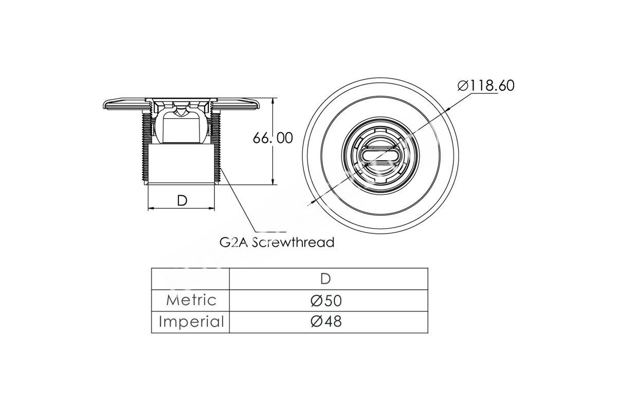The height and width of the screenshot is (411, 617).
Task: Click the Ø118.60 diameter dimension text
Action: coord(486,86)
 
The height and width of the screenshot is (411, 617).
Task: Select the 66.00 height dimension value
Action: coord(273,138)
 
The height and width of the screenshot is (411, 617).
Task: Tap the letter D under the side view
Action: coord(182,200)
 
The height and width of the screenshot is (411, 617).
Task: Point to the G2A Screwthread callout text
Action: coord(277,242)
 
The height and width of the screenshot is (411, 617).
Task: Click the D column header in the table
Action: coord(325,279)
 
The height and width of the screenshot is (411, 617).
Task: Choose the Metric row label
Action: coord(191,300)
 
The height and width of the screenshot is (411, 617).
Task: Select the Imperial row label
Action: coord(191,322)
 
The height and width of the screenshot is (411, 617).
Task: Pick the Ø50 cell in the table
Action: coord(326,301)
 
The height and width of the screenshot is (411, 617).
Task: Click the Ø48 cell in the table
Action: coord(326,322)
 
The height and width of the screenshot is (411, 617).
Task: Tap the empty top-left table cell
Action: coord(190,278)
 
